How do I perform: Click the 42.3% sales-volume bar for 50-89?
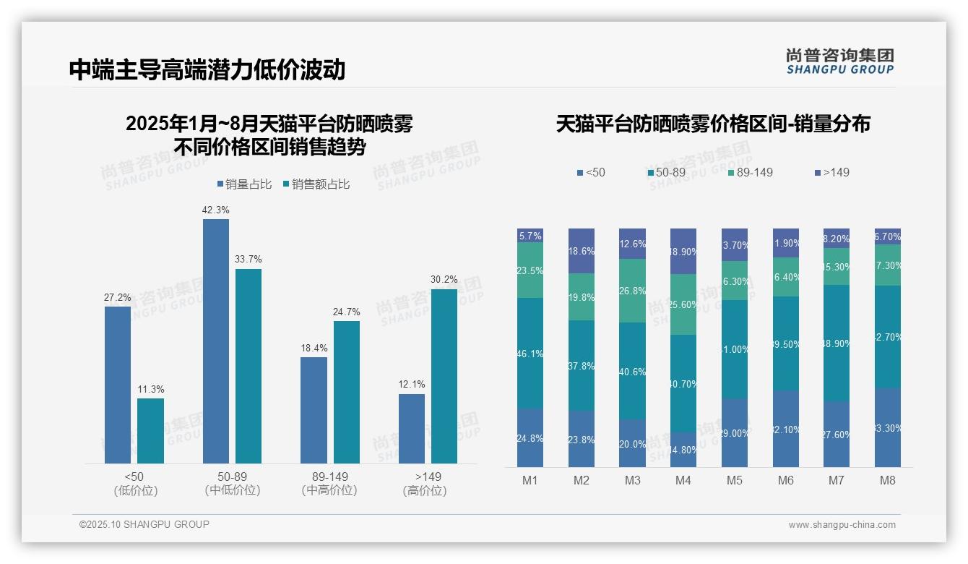click(215, 341)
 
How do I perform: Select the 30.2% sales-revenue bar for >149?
click(444, 376)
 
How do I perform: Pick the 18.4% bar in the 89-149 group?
click(314, 410)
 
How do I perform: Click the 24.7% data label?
click(347, 312)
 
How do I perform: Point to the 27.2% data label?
click(118, 297)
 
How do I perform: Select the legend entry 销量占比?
click(244, 184)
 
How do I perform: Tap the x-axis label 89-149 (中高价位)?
click(329, 483)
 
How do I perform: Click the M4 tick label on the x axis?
click(683, 480)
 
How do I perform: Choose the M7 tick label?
click(837, 480)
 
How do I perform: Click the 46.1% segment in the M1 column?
click(530, 353)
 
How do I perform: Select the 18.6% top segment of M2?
click(582, 250)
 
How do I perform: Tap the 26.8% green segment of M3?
click(632, 290)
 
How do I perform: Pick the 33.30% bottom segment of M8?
click(888, 427)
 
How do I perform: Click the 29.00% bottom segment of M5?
click(735, 432)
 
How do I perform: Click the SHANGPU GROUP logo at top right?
click(839, 61)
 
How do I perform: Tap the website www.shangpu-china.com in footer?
click(842, 525)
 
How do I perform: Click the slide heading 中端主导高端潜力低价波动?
click(207, 69)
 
